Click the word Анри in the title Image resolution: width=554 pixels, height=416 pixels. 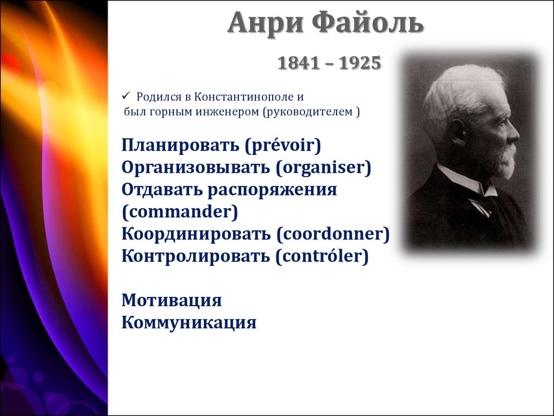(x=266, y=23)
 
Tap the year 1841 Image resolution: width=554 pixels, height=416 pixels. (x=299, y=63)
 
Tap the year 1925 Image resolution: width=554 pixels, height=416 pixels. (x=360, y=63)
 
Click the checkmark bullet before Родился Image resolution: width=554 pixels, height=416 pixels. (x=126, y=95)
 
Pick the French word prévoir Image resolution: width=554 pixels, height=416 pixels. (x=283, y=145)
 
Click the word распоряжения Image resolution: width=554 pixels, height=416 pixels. (x=272, y=190)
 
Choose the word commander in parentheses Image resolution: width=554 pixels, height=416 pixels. (x=180, y=212)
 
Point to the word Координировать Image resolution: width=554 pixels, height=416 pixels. (x=196, y=234)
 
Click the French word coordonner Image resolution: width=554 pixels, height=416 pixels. (x=333, y=234)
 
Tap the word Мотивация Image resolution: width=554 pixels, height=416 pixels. (x=172, y=300)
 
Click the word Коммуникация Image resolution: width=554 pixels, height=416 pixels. (x=189, y=322)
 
